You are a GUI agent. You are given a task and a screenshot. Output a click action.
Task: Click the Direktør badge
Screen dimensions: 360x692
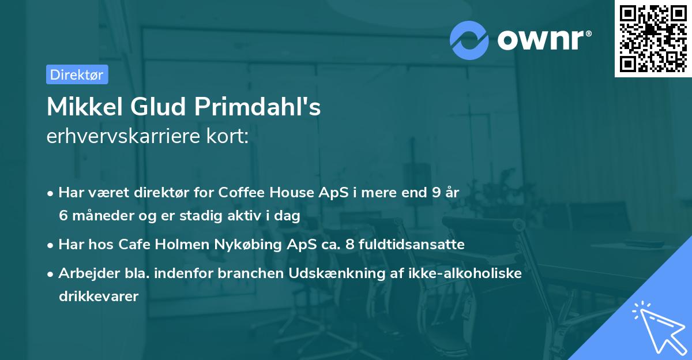point(77,74)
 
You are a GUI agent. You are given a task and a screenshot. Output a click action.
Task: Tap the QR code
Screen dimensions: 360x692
point(653,38)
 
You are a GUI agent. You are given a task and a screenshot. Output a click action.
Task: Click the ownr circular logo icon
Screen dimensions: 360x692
point(469,40)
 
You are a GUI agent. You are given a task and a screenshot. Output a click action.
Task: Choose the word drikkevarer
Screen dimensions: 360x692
point(98,297)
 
